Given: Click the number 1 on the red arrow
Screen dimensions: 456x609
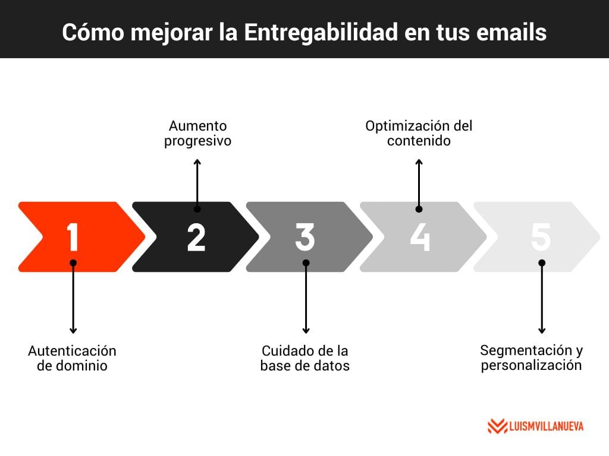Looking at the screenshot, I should click(73, 236).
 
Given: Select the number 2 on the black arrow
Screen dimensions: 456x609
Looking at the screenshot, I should click(196, 236).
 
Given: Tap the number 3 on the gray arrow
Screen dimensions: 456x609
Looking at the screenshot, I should click(304, 236).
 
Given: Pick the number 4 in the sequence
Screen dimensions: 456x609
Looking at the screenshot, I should click(420, 236).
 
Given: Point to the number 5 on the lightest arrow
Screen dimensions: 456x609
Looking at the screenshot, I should click(541, 236).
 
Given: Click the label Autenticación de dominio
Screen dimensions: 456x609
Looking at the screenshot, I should click(72, 358).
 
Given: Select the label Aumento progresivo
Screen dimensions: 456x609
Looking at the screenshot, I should click(197, 133).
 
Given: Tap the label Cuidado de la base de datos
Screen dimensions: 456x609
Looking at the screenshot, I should click(305, 358).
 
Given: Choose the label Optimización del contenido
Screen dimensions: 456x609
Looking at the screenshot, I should click(419, 133).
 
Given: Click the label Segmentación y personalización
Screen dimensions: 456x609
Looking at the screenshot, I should click(531, 357).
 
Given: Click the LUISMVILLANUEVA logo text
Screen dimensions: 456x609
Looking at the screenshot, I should click(547, 426).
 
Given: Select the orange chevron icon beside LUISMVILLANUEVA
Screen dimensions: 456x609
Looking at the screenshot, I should click(497, 426).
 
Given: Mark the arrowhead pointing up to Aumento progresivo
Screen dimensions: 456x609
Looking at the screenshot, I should click(197, 161).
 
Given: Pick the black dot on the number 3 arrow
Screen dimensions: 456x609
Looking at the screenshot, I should click(306, 262).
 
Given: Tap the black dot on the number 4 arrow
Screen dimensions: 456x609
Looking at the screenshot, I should click(419, 209).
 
